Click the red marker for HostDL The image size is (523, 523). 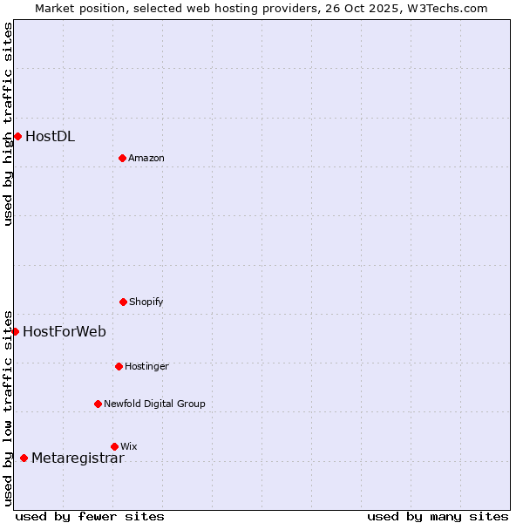(17, 136)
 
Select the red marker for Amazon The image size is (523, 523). (122, 158)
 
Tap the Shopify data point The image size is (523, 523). (123, 302)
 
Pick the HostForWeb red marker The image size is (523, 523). (15, 331)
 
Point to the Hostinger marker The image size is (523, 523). (119, 366)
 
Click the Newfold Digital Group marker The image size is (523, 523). (98, 404)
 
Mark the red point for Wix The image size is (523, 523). (114, 446)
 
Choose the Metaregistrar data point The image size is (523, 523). (24, 458)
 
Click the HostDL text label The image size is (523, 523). (50, 136)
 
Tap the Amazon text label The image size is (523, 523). (146, 158)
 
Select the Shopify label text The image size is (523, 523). (146, 302)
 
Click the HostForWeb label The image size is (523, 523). (65, 331)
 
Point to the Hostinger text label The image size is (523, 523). (146, 366)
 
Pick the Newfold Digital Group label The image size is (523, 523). (154, 404)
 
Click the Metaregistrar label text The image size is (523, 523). (78, 458)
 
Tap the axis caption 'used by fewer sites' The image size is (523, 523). (90, 516)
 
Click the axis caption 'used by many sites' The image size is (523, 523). (438, 516)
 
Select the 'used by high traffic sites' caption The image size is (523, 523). (8, 124)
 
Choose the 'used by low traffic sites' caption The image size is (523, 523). (8, 407)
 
